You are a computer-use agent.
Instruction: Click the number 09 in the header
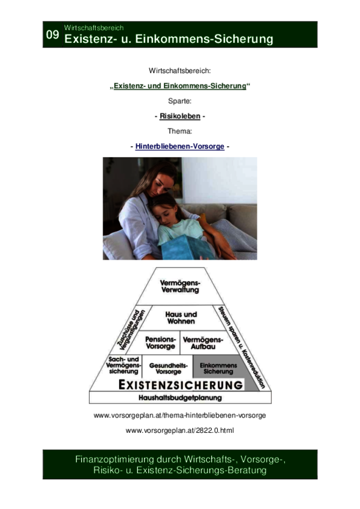tap(52, 34)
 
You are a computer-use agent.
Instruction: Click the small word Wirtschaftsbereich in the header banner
tap(93, 27)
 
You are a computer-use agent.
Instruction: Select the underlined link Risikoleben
tap(180, 116)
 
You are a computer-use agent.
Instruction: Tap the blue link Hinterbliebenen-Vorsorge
tap(179, 146)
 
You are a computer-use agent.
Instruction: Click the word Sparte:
tap(179, 101)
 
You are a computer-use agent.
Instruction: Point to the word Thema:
tap(179, 131)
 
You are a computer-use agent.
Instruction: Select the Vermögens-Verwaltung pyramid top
tap(181, 286)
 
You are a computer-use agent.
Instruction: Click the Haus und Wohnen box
tap(181, 318)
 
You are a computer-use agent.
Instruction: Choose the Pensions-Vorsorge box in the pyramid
tap(160, 343)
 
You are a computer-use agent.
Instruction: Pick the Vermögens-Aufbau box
tap(203, 343)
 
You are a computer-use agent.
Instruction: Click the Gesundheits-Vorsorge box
tap(168, 368)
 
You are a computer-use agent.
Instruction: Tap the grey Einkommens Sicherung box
tap(218, 368)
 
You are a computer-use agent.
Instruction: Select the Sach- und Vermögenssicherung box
tap(123, 366)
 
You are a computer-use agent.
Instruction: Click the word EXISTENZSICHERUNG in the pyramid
tap(181, 385)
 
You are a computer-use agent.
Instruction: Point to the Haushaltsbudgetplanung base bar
tap(180, 397)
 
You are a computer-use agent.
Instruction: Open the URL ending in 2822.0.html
tap(179, 430)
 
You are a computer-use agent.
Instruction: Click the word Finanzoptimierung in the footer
tap(115, 460)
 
